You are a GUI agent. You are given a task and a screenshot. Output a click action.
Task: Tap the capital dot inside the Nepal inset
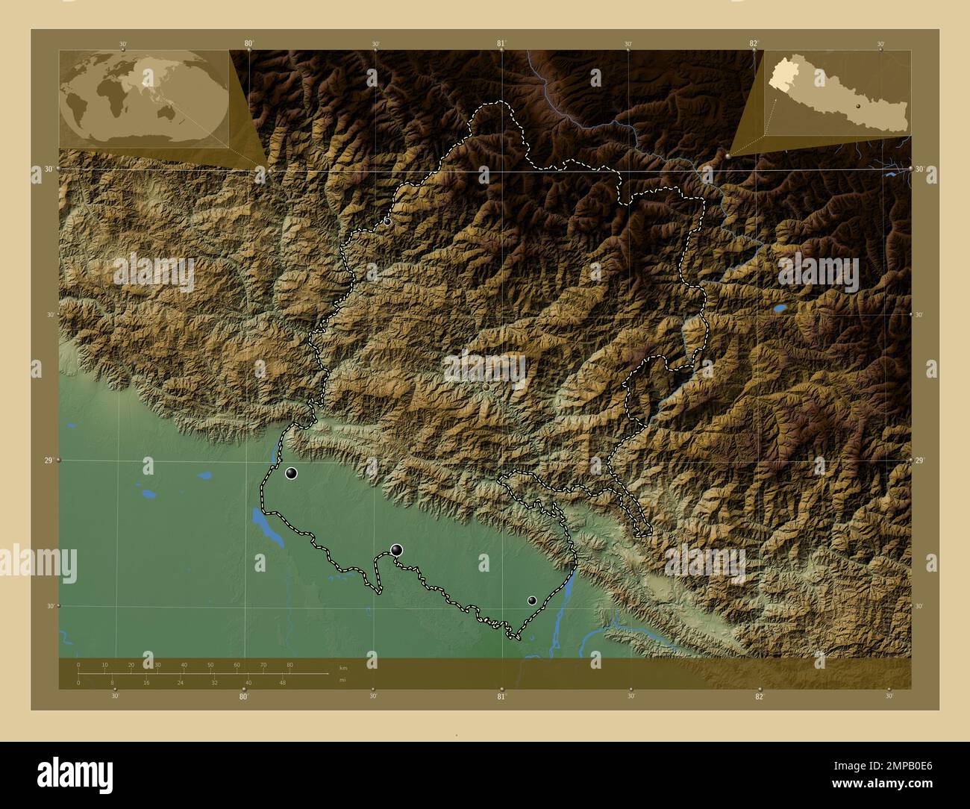[x=859, y=107]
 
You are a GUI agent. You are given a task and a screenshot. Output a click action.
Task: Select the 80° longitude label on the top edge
[x=248, y=44]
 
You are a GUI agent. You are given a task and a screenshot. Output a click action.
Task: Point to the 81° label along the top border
[x=501, y=44]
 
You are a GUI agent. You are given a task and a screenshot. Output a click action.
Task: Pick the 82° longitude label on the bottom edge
[x=759, y=697]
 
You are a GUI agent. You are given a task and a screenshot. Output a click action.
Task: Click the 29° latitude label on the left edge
[x=47, y=460]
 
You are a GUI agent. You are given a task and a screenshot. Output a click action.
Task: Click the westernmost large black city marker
[x=292, y=472]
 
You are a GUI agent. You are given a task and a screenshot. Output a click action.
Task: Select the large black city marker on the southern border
[x=397, y=550]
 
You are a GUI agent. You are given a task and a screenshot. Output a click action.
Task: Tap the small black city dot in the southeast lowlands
[x=532, y=600]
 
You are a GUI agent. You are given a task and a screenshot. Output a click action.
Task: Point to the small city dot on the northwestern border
[x=387, y=222]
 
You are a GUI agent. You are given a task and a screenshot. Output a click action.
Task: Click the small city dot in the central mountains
[x=486, y=387]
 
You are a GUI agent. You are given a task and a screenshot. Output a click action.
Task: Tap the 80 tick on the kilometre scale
[x=290, y=665]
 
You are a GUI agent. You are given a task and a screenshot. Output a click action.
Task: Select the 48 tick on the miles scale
[x=282, y=682]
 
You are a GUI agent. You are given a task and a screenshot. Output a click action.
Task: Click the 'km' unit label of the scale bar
[x=343, y=668]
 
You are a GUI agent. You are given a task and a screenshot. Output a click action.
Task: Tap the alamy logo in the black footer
[x=75, y=772]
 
